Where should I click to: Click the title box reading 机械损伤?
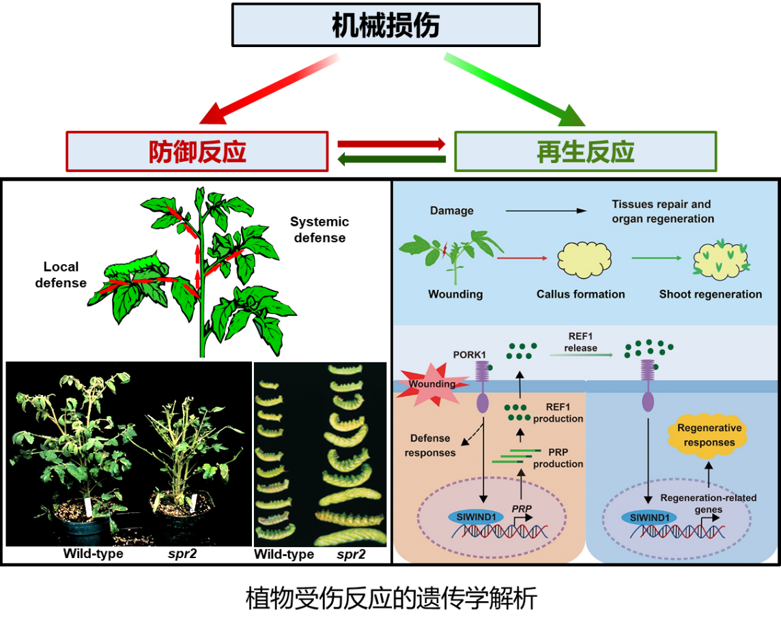coord(386,25)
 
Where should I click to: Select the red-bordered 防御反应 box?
coord(197,151)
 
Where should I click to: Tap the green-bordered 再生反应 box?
coord(586,151)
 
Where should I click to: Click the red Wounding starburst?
coord(430,383)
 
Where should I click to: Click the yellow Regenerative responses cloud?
coord(709,435)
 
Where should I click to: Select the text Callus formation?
coord(580,294)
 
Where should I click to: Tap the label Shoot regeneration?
coord(710,294)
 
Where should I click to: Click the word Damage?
coord(452,211)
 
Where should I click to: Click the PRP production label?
coord(558,458)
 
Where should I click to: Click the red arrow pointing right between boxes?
coord(391,144)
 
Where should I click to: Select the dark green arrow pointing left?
coord(391,160)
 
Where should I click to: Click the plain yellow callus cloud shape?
coord(584,260)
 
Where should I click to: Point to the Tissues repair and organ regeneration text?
coord(662,212)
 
